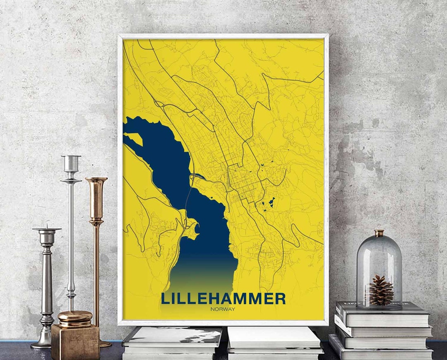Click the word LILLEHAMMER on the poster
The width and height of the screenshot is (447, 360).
[x=223, y=298]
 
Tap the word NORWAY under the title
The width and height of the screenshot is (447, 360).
[x=223, y=309]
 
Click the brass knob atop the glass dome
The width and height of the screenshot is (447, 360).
[x=379, y=233]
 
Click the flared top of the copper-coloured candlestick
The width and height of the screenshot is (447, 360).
[x=96, y=181]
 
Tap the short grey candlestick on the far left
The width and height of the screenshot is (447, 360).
[x=47, y=281]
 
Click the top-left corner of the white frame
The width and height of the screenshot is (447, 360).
[x=120, y=36]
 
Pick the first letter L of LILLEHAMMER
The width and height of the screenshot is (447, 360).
[x=165, y=298]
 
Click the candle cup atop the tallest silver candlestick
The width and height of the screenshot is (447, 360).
[x=71, y=163]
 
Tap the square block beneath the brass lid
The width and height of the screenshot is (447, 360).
[x=75, y=341]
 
